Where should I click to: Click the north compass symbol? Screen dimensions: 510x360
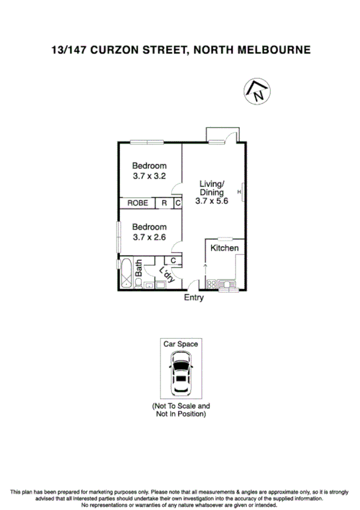257,91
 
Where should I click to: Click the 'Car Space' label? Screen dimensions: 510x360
180,344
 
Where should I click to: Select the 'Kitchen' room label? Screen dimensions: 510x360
225,248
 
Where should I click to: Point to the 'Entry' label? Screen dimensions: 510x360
194,298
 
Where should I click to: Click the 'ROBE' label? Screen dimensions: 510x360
138,203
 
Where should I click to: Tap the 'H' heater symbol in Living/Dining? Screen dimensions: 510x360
239,192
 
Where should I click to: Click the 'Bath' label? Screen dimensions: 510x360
138,268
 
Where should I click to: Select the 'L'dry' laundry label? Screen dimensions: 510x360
166,274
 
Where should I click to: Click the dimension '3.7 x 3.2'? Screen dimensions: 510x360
149,176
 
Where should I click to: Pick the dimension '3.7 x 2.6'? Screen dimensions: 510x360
149,237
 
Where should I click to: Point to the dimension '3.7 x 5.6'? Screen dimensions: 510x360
212,201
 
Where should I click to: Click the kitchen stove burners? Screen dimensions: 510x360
212,284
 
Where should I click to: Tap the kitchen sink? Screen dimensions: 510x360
229,284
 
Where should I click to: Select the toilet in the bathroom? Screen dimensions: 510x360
138,286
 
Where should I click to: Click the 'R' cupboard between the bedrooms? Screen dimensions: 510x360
164,203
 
